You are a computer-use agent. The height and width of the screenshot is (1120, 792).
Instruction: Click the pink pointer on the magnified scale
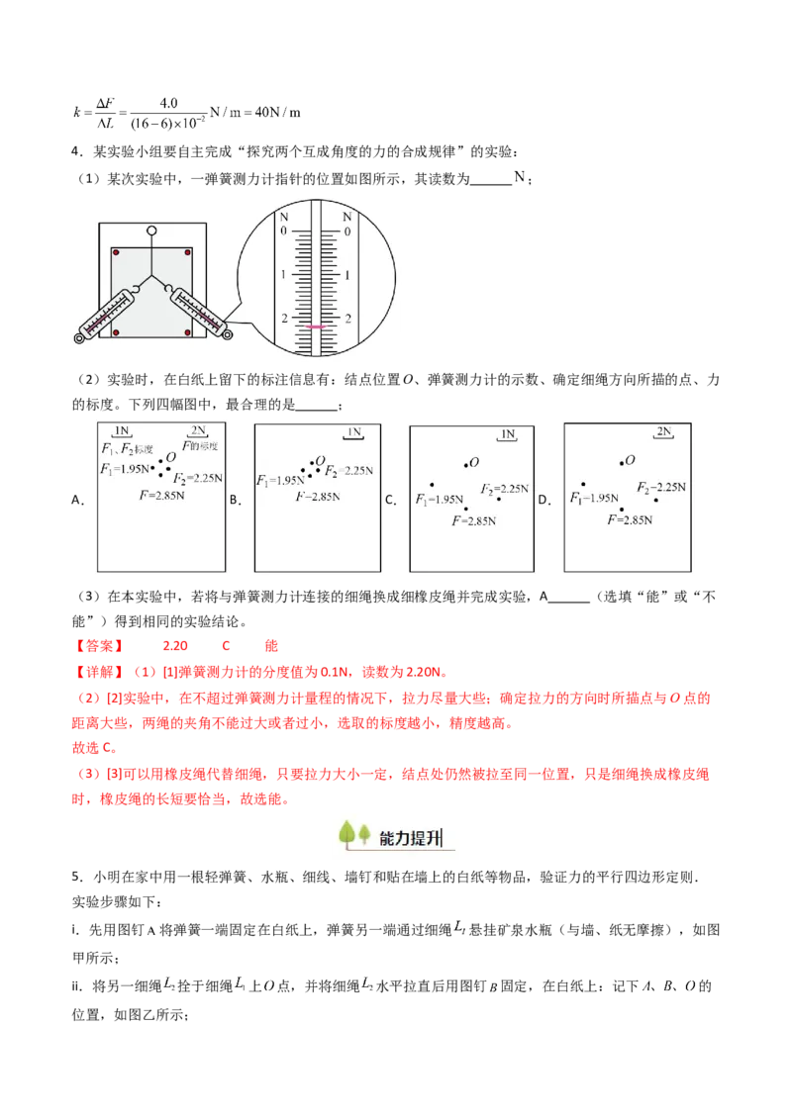[x=315, y=327]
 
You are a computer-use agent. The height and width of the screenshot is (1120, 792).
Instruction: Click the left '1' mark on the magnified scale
[x=284, y=274]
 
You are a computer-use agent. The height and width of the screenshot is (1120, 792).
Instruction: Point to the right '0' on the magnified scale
[x=347, y=232]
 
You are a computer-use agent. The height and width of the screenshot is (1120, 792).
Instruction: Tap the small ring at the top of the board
[x=151, y=231]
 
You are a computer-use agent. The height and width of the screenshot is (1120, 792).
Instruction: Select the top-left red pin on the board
[x=117, y=253]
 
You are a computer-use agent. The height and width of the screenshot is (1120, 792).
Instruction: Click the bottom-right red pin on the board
[x=187, y=332]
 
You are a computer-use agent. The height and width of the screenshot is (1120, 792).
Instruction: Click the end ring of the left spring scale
[x=79, y=337]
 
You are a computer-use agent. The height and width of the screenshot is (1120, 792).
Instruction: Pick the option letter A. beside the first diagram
[x=78, y=500]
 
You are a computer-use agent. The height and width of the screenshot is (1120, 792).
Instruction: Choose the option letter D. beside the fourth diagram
[x=544, y=500]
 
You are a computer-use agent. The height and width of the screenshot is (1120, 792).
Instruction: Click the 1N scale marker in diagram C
[x=508, y=434]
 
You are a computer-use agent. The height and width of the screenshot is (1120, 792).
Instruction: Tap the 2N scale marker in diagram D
[x=664, y=431]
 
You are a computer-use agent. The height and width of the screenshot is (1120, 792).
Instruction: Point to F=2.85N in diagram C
[x=474, y=521]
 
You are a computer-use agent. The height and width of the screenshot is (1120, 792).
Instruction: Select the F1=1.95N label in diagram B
[x=280, y=480]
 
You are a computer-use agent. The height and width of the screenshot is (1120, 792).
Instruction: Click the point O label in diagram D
[x=630, y=461]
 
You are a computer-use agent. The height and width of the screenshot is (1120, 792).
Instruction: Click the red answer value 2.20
[x=175, y=646]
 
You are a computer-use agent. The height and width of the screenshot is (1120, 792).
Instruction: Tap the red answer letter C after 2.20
[x=226, y=646]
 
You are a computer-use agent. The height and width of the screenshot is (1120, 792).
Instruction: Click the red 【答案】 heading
[x=99, y=646]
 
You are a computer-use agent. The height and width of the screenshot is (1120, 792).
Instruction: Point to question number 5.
[x=76, y=877]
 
